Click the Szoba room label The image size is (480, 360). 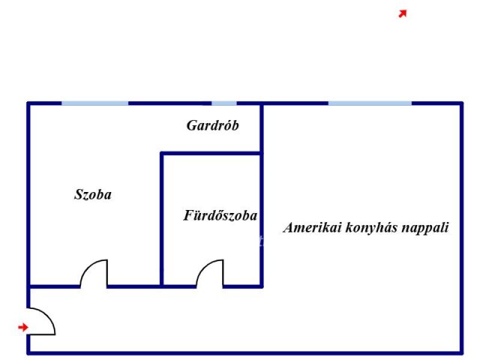(x=93, y=195)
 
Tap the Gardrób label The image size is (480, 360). (x=212, y=126)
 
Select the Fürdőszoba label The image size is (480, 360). (x=220, y=216)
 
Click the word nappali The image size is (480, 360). (x=426, y=228)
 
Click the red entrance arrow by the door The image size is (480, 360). (x=23, y=327)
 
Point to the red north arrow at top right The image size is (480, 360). (x=403, y=13)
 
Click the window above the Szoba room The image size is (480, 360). (x=94, y=103)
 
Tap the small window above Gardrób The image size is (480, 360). (x=223, y=103)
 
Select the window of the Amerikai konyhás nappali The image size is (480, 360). (x=370, y=103)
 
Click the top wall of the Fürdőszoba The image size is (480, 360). (x=211, y=154)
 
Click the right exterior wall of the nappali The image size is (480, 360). (x=460, y=225)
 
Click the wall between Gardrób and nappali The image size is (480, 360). (x=261, y=127)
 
